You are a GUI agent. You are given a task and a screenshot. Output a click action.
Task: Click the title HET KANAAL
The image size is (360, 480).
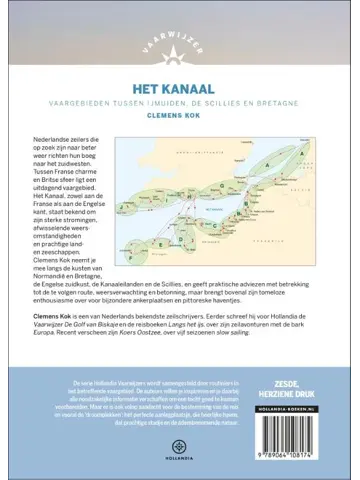click(180, 62)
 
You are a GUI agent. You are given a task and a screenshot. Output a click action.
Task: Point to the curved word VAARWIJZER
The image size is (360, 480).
click(180, 12)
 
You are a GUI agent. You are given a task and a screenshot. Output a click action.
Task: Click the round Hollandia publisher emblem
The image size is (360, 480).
click(180, 443)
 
